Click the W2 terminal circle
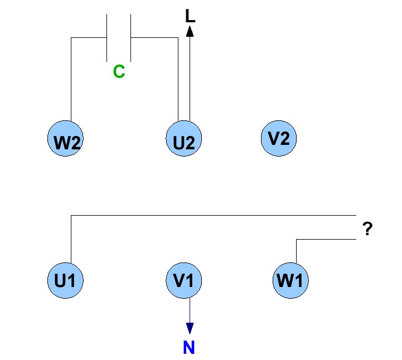coord(66,138)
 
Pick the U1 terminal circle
coord(66,280)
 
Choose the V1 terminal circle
coord(184,280)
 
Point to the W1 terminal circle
coord(290,280)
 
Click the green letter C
coord(119,72)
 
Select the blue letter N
coord(189,348)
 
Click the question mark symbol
coord(367,229)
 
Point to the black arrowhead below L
coord(190,31)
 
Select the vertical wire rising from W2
coord(71,78)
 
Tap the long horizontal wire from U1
coord(212,215)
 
